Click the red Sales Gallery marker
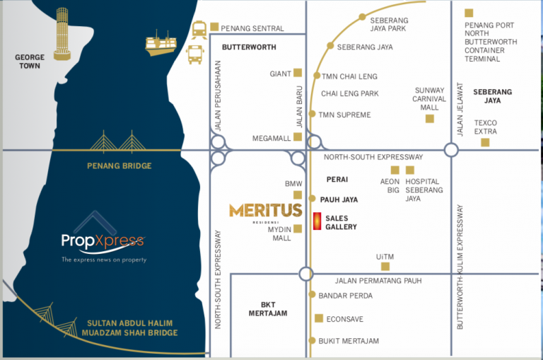(x=317, y=221)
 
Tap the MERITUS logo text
(x=265, y=210)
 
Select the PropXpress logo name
(x=103, y=243)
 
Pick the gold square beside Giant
(x=298, y=72)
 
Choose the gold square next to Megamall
(x=298, y=137)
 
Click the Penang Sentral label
(x=252, y=28)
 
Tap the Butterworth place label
(x=248, y=47)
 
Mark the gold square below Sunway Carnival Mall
(x=429, y=118)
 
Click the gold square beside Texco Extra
(x=485, y=142)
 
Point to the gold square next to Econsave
(x=319, y=318)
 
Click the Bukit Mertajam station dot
(x=311, y=341)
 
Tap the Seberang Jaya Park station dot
(x=362, y=16)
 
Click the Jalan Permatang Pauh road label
(x=378, y=281)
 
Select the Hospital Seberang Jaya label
(x=424, y=190)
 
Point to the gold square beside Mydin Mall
(x=298, y=228)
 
